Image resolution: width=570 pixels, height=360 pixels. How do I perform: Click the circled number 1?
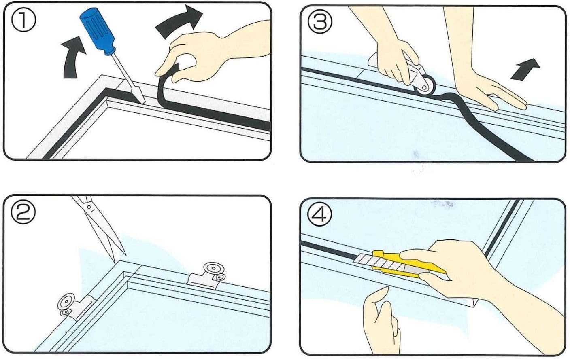tap(23, 19)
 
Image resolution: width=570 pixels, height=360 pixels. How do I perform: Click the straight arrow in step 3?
tap(525, 70)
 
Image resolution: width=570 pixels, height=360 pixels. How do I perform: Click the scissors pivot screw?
tap(89, 207)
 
